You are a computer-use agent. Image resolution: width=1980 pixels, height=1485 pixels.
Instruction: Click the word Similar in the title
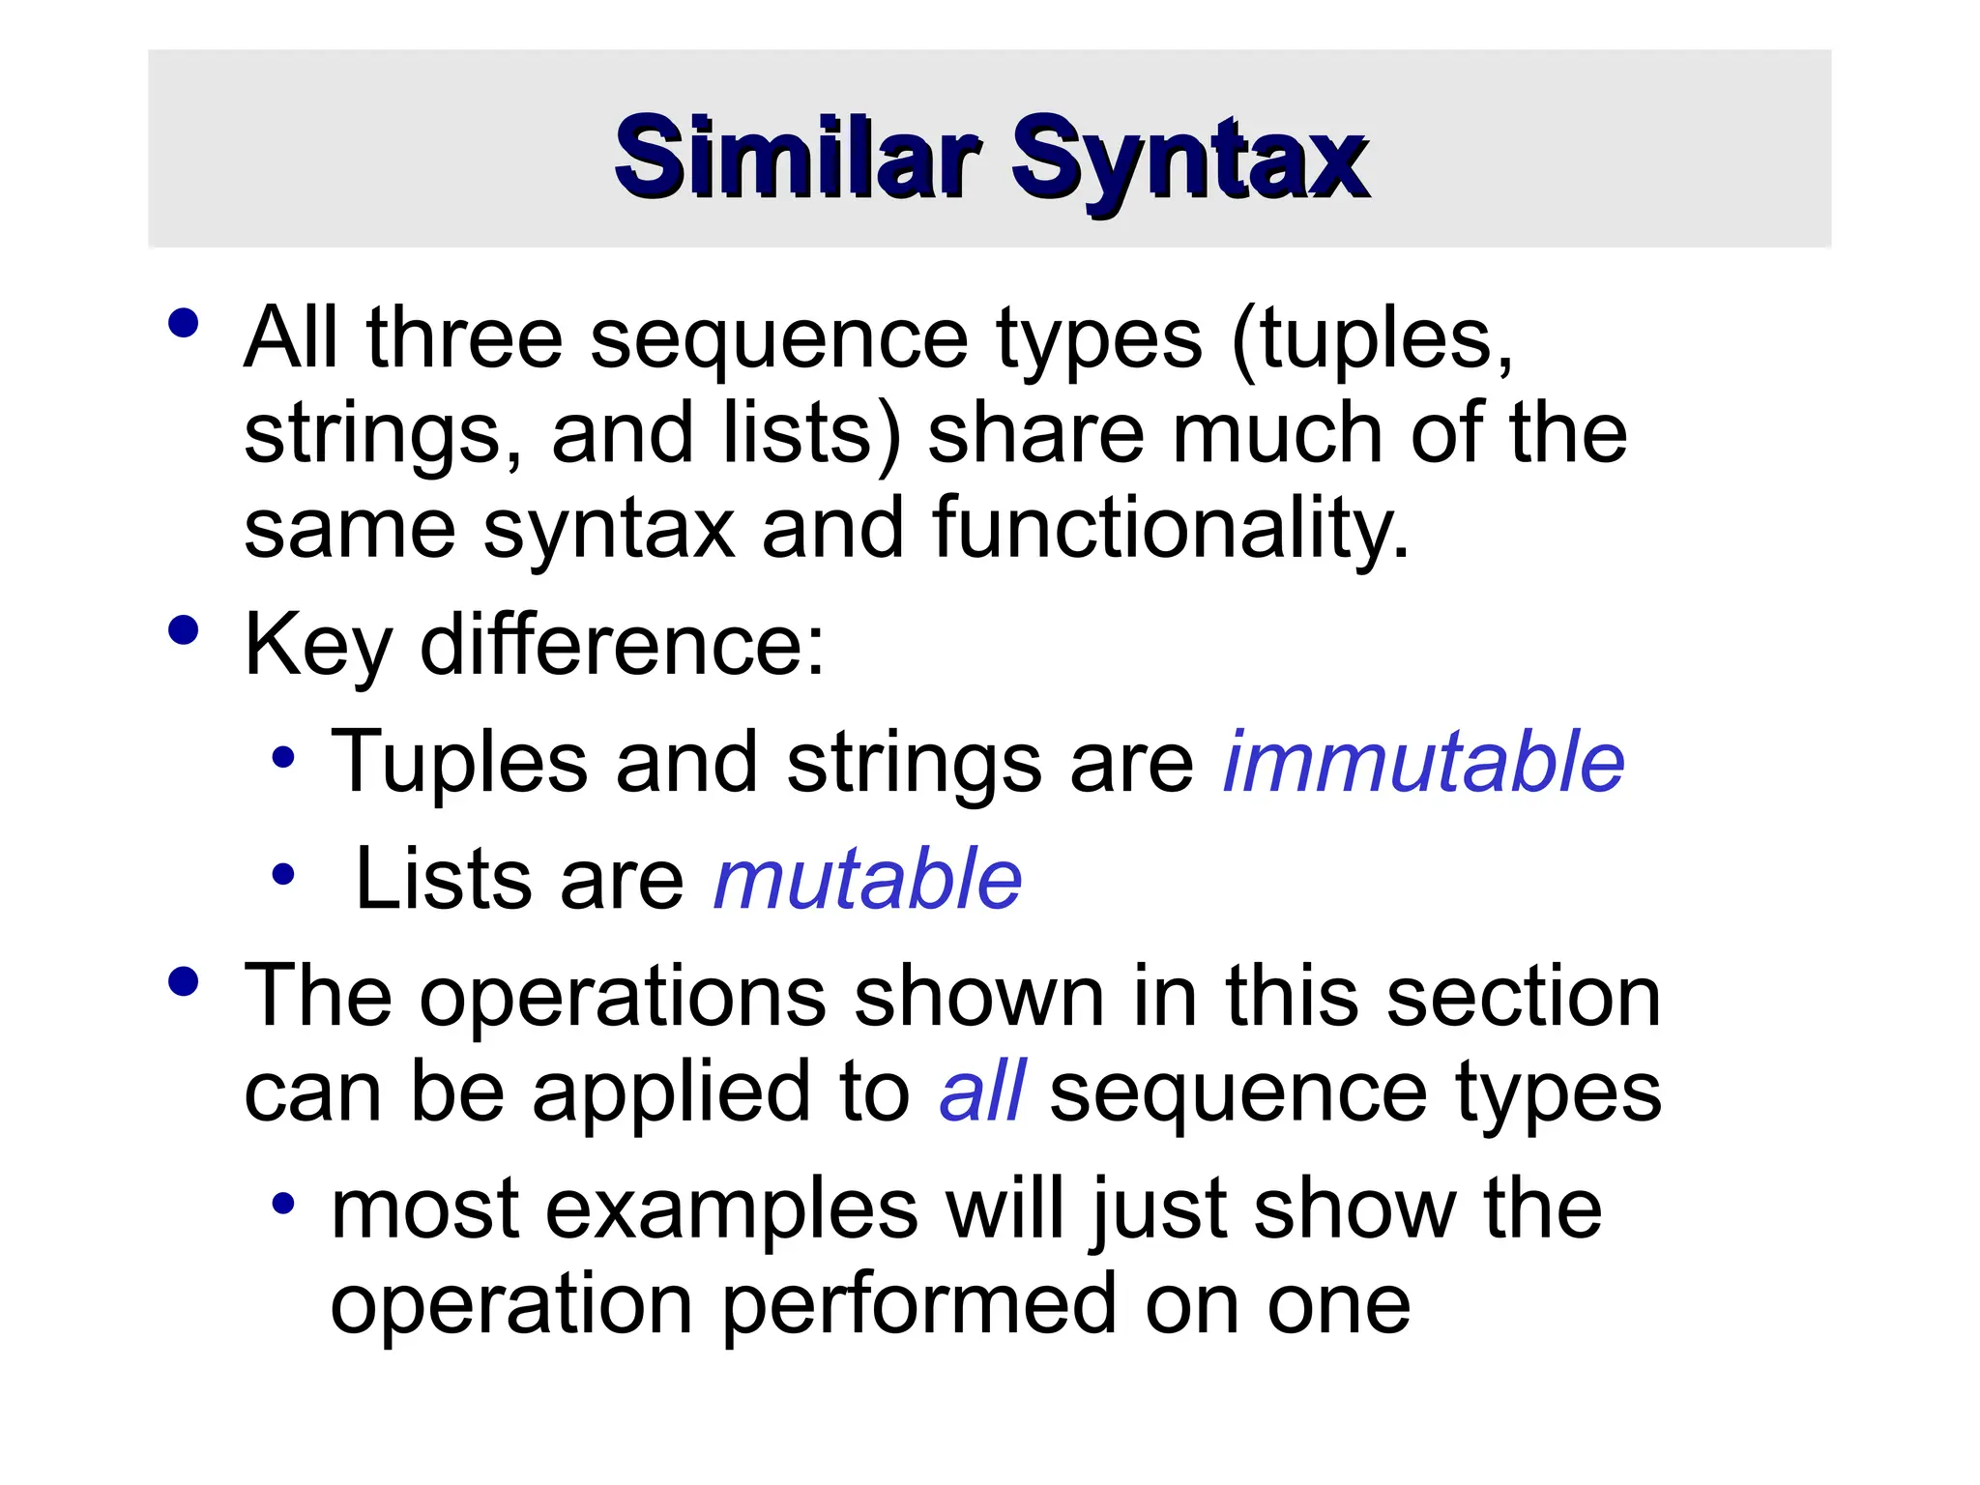(798, 156)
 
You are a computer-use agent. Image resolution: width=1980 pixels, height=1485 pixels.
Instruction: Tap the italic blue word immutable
(1423, 762)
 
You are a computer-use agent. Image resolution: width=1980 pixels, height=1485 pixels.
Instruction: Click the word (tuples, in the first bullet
(1372, 338)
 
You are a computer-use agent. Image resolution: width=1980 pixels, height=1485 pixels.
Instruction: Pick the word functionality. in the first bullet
(1171, 529)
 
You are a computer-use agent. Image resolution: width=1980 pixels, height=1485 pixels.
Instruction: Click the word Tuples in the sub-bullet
(459, 762)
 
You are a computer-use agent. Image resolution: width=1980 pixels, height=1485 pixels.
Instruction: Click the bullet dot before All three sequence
(183, 323)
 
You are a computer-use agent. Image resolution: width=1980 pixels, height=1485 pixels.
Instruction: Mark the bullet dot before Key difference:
(183, 630)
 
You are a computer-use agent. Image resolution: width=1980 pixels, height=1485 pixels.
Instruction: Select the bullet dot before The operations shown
(183, 982)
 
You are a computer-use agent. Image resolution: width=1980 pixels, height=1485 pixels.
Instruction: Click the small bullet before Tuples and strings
(282, 758)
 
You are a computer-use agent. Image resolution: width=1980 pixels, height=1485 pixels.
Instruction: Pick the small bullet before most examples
(282, 1204)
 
